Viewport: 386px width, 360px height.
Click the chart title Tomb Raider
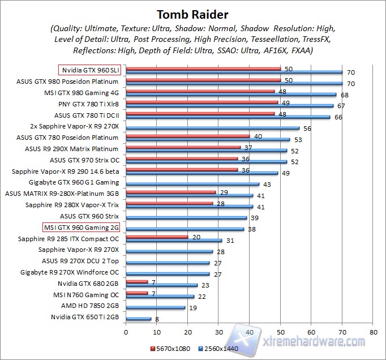[192, 14]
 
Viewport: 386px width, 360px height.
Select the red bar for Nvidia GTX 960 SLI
[203, 68]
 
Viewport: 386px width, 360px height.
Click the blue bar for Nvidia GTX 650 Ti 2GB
[139, 319]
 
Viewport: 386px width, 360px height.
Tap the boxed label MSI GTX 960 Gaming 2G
[82, 228]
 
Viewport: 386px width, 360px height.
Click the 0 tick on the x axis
[126, 332]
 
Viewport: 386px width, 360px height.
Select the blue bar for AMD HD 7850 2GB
[156, 307]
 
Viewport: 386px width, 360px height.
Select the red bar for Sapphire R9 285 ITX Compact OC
[157, 237]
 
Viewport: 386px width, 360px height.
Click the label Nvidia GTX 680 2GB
[88, 283]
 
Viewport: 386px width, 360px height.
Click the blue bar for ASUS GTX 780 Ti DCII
[228, 117]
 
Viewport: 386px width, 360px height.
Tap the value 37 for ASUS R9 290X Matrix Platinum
[248, 147]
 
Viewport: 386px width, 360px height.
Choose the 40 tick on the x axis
[249, 332]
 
